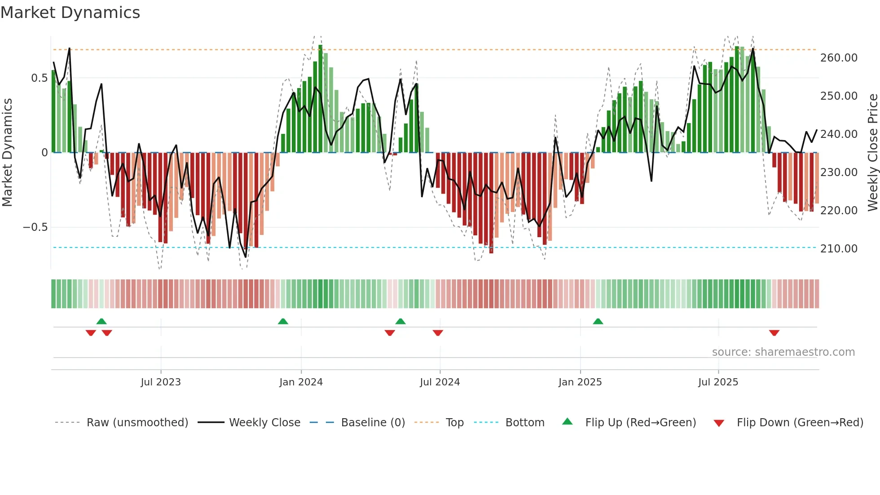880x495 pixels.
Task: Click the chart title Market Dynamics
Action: click(x=70, y=13)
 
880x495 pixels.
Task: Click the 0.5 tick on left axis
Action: click(x=39, y=78)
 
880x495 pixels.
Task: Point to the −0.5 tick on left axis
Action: click(x=35, y=227)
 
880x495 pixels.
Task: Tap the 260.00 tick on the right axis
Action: click(x=839, y=58)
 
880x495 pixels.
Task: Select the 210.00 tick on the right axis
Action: click(x=839, y=249)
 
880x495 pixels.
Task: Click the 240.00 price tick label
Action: click(x=839, y=134)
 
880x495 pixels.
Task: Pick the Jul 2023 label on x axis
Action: click(x=161, y=382)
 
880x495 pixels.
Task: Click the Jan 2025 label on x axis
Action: click(x=580, y=382)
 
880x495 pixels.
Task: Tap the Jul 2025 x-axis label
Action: click(x=718, y=382)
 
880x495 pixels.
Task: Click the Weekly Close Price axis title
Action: click(x=872, y=152)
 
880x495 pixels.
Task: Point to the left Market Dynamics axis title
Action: click(x=7, y=152)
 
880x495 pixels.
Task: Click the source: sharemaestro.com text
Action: click(x=783, y=352)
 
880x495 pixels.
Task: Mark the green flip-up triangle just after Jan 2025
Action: click(x=598, y=322)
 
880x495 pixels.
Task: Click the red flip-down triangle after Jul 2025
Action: click(x=774, y=333)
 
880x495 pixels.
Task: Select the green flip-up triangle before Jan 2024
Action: click(x=283, y=322)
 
